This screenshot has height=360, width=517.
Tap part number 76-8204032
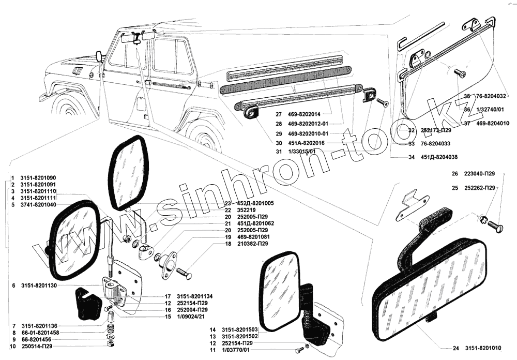492,96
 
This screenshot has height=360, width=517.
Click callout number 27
278,114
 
